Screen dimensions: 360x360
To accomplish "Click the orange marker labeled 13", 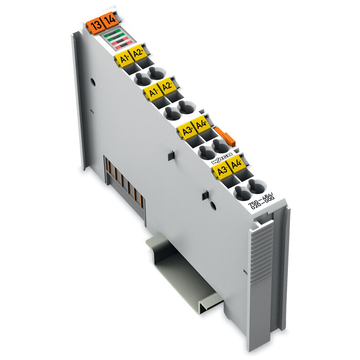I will [x=94, y=24].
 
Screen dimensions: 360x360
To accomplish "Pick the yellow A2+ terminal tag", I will [x=137, y=53].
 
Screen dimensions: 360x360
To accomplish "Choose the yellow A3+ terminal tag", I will [x=187, y=131].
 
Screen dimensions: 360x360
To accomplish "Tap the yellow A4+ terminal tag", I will [x=201, y=125].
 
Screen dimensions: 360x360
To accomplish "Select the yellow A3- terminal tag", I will [x=222, y=170].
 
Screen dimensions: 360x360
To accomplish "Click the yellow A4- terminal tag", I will [x=237, y=165].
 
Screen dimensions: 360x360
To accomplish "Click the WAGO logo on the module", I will [x=223, y=158].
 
